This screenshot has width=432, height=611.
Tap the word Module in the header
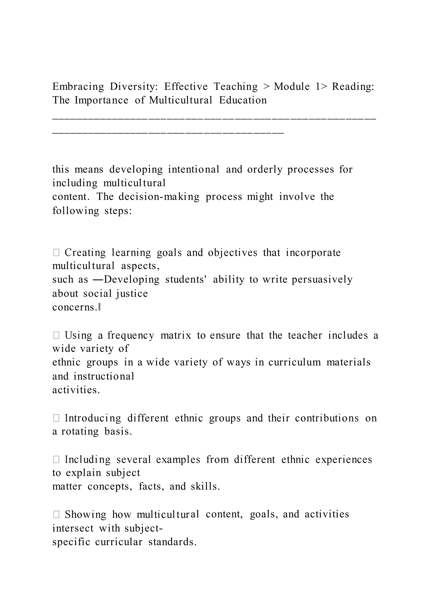coord(292,87)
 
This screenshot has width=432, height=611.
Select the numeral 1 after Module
coord(318,87)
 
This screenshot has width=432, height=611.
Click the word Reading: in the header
coord(353,87)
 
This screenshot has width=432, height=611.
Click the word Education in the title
coord(243,100)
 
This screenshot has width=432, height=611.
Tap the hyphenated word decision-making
coord(159,197)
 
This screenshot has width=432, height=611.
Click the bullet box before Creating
coord(56,253)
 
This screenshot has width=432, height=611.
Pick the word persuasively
coord(322,280)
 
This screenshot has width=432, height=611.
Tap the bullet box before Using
coord(56,335)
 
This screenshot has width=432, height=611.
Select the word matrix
coord(176,335)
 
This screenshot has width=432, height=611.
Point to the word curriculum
coord(294,362)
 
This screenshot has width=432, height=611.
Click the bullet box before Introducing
coord(56,418)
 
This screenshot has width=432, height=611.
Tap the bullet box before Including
coord(56,460)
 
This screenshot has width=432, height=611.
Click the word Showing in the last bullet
coord(85,514)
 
